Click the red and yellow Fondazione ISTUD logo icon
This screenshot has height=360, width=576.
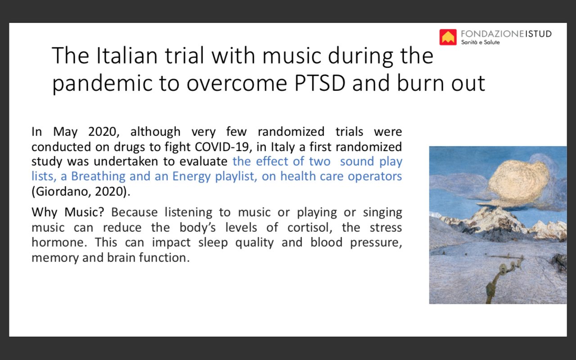(x=448, y=37)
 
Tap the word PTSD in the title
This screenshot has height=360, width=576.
(x=319, y=83)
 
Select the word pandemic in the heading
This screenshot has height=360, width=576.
(x=102, y=84)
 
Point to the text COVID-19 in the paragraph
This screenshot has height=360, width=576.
(x=222, y=147)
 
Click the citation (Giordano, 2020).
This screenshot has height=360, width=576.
(x=81, y=192)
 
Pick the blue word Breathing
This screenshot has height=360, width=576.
(x=98, y=177)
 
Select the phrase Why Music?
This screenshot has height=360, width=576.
(x=68, y=212)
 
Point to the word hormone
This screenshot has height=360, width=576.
(x=59, y=243)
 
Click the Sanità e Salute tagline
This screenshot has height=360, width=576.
(x=480, y=42)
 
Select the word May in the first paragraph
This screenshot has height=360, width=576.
(x=65, y=132)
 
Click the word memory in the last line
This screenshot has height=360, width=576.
(x=55, y=258)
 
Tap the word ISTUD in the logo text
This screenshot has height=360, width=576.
(x=538, y=34)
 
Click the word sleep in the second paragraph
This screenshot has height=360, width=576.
(x=213, y=243)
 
